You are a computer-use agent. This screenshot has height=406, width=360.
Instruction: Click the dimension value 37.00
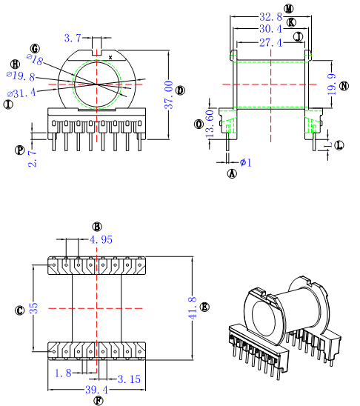[169, 95]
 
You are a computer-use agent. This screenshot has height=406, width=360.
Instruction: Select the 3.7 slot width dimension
[73, 38]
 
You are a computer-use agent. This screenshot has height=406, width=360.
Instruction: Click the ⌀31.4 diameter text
[22, 93]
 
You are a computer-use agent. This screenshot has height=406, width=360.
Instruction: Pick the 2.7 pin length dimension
[32, 157]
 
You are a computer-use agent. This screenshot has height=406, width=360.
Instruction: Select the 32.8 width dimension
[269, 16]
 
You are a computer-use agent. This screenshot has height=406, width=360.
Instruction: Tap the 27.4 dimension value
[269, 44]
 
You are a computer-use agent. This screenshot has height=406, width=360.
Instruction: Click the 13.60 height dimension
[210, 123]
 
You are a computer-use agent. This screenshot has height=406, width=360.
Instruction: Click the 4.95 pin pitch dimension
[101, 240]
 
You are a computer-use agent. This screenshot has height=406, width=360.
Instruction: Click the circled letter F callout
[98, 401]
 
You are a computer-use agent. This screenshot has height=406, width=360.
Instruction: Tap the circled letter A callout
[231, 174]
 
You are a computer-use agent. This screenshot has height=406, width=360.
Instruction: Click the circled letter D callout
[181, 90]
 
